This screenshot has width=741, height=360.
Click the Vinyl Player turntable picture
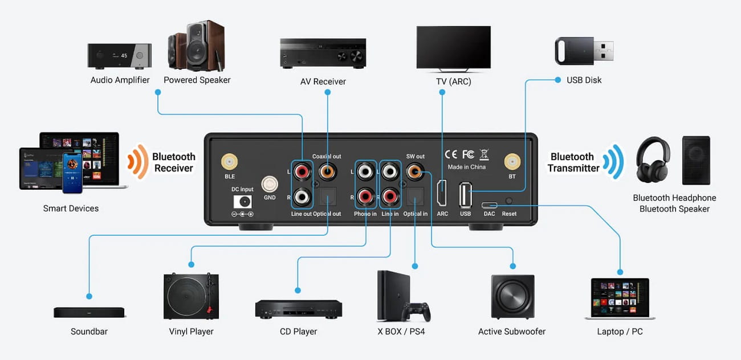tap(191, 296)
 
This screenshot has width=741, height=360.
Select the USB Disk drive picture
tap(584, 51)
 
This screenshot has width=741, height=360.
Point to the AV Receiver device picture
tap(323, 54)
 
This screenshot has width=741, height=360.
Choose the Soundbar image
tap(89, 312)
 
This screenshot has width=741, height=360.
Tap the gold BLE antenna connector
tap(230, 162)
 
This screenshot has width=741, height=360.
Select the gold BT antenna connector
tap(511, 162)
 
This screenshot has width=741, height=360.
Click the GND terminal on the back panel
tap(270, 185)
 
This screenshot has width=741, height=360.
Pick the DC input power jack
tap(243, 202)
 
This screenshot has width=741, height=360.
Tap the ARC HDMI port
tap(442, 193)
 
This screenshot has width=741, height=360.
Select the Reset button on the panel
tap(508, 202)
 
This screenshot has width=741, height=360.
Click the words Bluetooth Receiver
tap(173, 162)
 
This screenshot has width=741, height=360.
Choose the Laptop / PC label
tap(620, 332)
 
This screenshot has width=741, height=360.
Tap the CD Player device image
tap(298, 308)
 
